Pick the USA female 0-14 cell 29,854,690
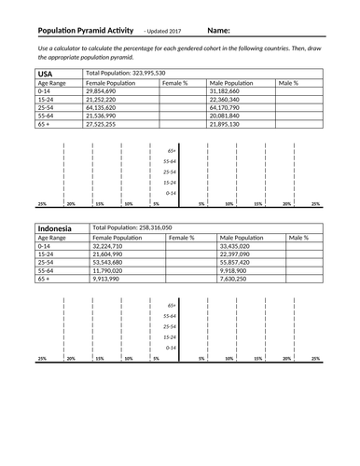tap(101, 91)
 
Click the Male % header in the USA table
tap(288, 83)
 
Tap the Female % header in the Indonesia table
tap(180, 238)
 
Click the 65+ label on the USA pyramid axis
tap(172, 151)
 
